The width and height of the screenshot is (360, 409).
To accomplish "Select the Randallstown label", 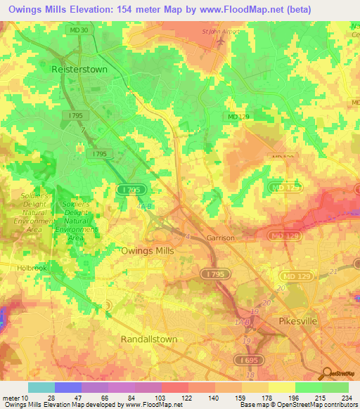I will pyautogui.click(x=148, y=339).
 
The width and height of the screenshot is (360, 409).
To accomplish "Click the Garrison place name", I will pyautogui.click(x=220, y=238).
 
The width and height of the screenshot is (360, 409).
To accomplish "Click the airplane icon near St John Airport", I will pyautogui.click(x=222, y=41).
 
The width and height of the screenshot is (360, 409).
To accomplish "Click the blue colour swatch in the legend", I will pyautogui.click(x=67, y=387).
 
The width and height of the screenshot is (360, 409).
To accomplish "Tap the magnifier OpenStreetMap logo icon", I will pyautogui.click(x=326, y=372).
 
